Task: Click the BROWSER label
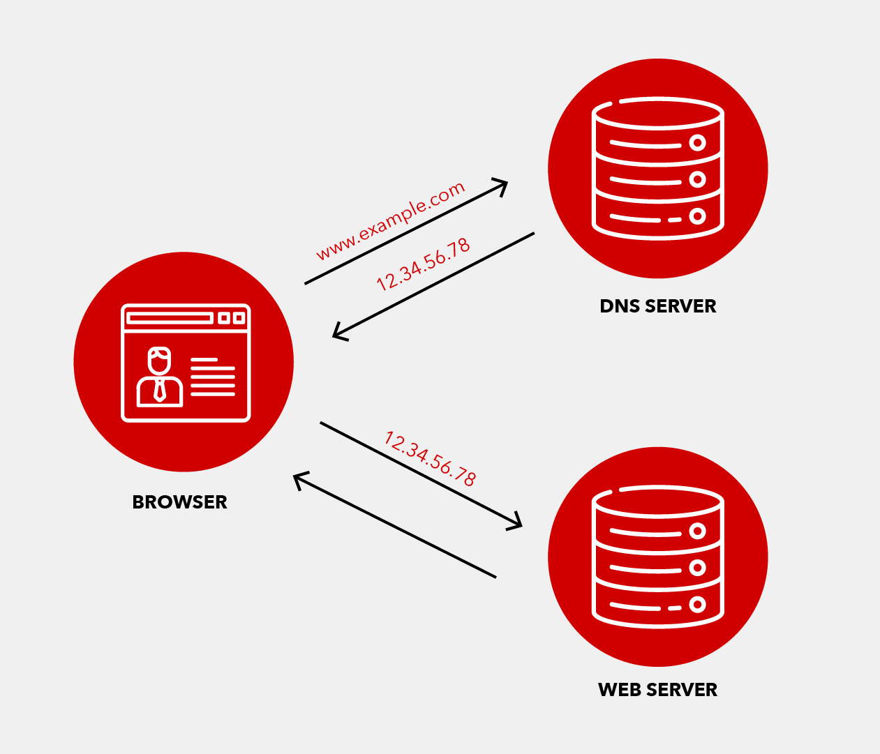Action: pyautogui.click(x=179, y=502)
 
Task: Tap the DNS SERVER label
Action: pyautogui.click(x=657, y=306)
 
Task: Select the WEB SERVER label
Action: pyautogui.click(x=657, y=690)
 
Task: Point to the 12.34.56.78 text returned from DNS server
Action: pyautogui.click(x=423, y=265)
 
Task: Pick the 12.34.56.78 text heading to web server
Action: pyautogui.click(x=431, y=458)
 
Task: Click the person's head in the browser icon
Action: pyautogui.click(x=159, y=360)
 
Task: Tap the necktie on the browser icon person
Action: pyautogui.click(x=160, y=391)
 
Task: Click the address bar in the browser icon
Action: pyautogui.click(x=170, y=318)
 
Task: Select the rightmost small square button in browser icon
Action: pyautogui.click(x=239, y=318)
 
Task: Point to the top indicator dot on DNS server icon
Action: pyautogui.click(x=697, y=143)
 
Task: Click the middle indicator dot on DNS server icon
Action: pyautogui.click(x=697, y=179)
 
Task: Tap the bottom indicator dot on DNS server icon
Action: pyautogui.click(x=697, y=216)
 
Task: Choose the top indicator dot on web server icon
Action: pyautogui.click(x=697, y=531)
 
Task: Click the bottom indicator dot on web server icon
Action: pyautogui.click(x=697, y=605)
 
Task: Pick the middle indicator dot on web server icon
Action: pyautogui.click(x=697, y=568)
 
